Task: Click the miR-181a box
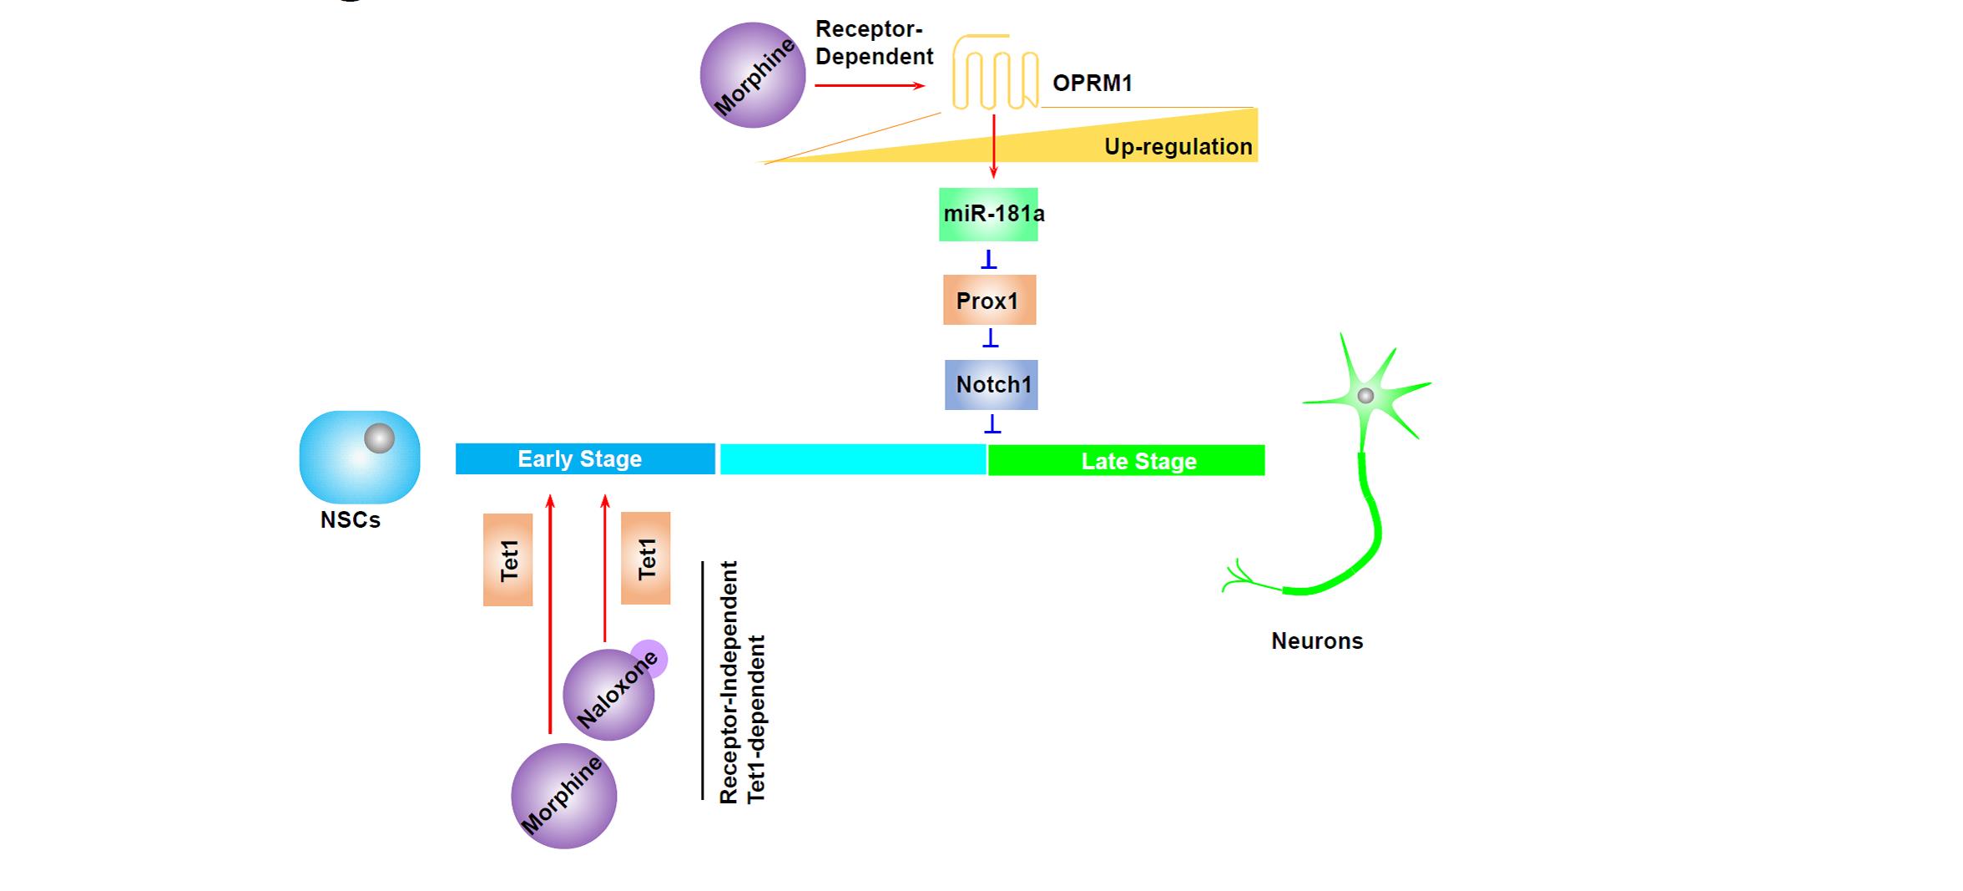pyautogui.click(x=988, y=215)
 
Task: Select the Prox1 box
pyautogui.click(x=989, y=300)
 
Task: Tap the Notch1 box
pyautogui.click(x=991, y=385)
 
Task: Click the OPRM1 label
pyautogui.click(x=1092, y=84)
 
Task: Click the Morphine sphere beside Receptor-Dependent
pyautogui.click(x=753, y=75)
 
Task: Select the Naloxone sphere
pyautogui.click(x=608, y=695)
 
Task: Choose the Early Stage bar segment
pyautogui.click(x=584, y=459)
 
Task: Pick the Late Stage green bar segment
pyautogui.click(x=1126, y=461)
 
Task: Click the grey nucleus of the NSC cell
pyautogui.click(x=379, y=438)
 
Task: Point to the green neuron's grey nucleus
pyautogui.click(x=1365, y=396)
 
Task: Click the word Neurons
pyautogui.click(x=1317, y=641)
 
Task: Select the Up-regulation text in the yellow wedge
pyautogui.click(x=1178, y=147)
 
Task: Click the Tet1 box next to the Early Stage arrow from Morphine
pyautogui.click(x=507, y=559)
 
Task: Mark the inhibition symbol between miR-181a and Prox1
pyautogui.click(x=989, y=259)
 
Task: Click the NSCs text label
pyautogui.click(x=351, y=520)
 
